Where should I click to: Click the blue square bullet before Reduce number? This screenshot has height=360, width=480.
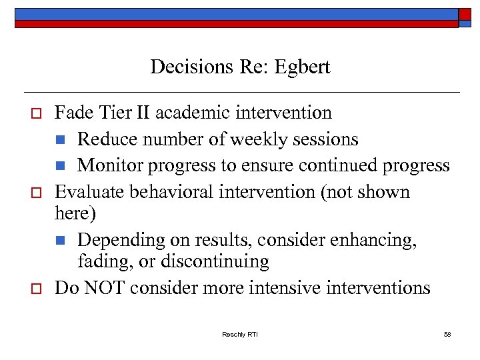pos(61,140)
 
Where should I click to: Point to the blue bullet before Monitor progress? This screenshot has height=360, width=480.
pos(61,166)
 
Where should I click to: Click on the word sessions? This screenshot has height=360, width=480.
pos(331,139)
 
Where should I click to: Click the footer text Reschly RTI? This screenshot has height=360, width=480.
pos(239,334)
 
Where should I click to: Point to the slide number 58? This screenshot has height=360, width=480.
pos(447,334)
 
